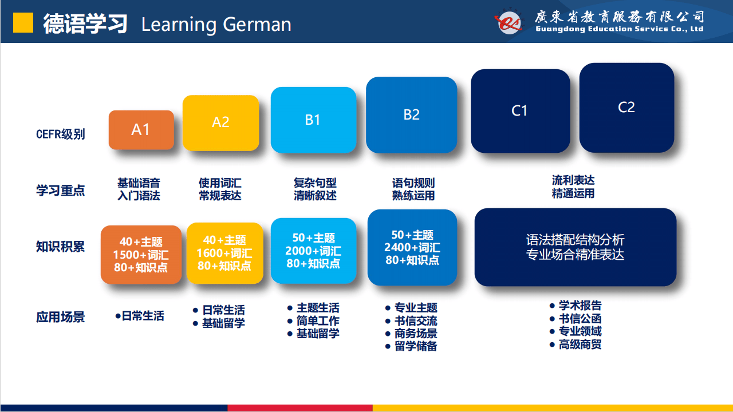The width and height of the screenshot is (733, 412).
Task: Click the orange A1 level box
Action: pyautogui.click(x=141, y=130)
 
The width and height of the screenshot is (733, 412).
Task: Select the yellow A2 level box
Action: pyautogui.click(x=221, y=123)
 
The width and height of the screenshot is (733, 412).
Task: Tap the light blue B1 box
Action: pyautogui.click(x=313, y=120)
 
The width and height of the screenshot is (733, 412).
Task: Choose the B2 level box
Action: pyautogui.click(x=412, y=115)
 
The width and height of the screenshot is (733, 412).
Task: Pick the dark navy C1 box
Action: pyautogui.click(x=521, y=111)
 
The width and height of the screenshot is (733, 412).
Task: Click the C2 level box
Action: pyautogui.click(x=626, y=108)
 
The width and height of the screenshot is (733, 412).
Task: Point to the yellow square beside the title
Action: pyautogui.click(x=23, y=22)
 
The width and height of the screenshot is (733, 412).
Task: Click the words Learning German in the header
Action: pyautogui.click(x=216, y=25)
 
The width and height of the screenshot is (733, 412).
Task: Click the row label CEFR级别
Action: pyautogui.click(x=61, y=134)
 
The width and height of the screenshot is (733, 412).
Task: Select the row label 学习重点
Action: pyautogui.click(x=61, y=191)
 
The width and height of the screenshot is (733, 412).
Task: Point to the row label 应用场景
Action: pyautogui.click(x=61, y=317)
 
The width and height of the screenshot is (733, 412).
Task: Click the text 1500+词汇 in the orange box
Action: pyautogui.click(x=141, y=255)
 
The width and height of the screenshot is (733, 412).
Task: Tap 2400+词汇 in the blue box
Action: pyautogui.click(x=412, y=248)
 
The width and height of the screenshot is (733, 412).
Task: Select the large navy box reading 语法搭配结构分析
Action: pyautogui.click(x=576, y=247)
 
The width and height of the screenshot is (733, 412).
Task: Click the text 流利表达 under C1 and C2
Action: pyautogui.click(x=573, y=180)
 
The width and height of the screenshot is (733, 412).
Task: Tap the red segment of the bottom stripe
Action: pyautogui.click(x=300, y=408)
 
